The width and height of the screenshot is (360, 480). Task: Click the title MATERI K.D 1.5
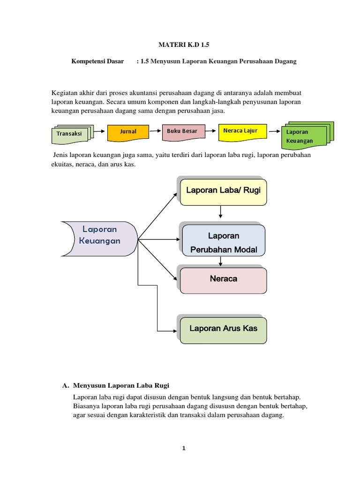(180, 45)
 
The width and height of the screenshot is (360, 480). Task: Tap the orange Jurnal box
(128, 132)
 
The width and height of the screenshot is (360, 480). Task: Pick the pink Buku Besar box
(183, 132)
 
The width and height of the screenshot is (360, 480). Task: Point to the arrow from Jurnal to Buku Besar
(156, 132)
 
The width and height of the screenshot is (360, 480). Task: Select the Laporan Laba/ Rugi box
(223, 191)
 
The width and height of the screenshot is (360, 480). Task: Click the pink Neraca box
(223, 279)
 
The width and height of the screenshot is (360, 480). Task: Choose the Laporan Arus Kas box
(223, 329)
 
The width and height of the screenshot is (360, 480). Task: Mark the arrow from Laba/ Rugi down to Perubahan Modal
(220, 212)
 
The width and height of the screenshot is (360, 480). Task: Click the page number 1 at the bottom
(184, 448)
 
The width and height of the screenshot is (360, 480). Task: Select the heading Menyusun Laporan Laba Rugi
(121, 385)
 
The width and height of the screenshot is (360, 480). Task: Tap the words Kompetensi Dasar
(97, 61)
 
